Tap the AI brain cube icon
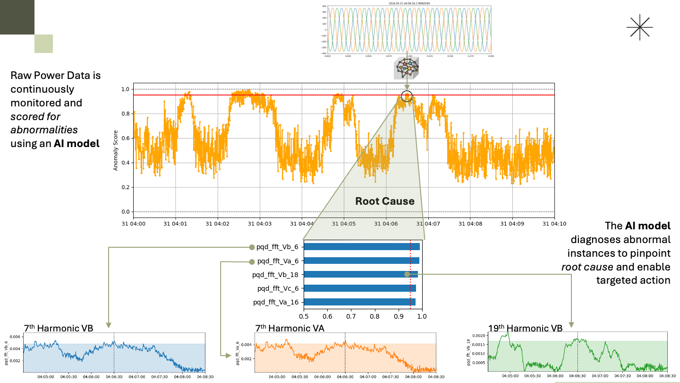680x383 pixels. tap(406, 68)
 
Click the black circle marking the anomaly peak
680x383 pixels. tap(407, 96)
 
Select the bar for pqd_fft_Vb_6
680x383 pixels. tap(362, 247)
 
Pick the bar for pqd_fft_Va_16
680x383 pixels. tap(359, 302)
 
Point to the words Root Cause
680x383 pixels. tap(385, 201)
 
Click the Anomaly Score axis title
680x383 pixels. tap(116, 150)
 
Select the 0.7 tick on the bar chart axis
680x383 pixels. tap(351, 316)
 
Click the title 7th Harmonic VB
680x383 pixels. tap(59, 328)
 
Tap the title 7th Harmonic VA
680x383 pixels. tap(289, 328)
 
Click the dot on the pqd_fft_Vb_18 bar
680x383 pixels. tap(407, 274)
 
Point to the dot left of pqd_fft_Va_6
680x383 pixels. tap(252, 261)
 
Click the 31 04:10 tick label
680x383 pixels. tap(554, 223)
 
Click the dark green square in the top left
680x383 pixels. tap(17, 17)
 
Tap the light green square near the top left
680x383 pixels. tap(43, 44)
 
